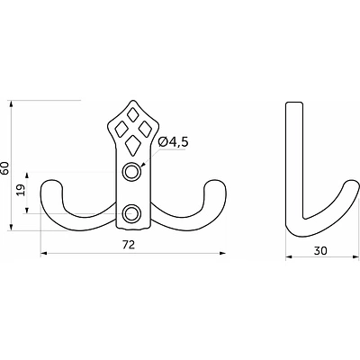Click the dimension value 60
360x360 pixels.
5,168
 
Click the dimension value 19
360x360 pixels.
21,190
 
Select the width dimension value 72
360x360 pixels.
129,245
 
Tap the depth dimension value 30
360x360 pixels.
320,250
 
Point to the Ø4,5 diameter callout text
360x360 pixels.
173,141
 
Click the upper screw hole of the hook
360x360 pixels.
130,172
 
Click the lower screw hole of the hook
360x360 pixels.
131,213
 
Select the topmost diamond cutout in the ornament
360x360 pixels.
132,114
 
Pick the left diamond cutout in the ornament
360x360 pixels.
121,129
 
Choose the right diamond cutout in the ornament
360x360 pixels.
145,128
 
